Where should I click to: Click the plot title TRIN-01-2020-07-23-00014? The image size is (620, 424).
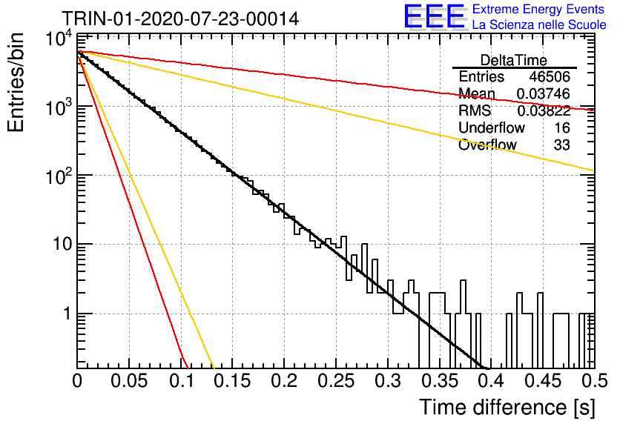click(180, 19)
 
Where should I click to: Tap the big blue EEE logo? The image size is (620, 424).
click(435, 16)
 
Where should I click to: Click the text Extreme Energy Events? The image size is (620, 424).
click(538, 9)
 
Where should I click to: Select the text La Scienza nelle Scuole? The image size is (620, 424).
click(539, 25)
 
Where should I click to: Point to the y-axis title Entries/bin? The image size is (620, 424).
click(16, 82)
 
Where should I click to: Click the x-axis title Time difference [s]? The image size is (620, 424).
click(507, 407)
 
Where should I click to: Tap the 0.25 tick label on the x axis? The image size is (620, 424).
click(336, 381)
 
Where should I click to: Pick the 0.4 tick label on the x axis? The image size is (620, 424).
click(490, 381)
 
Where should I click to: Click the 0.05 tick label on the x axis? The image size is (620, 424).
click(129, 381)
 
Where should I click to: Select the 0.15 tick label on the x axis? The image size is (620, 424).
click(233, 381)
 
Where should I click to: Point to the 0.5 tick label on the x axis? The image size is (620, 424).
click(593, 381)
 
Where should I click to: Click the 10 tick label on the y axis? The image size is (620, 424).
click(62, 244)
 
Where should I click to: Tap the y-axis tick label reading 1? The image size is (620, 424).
click(67, 314)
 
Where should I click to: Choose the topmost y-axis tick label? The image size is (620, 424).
click(59, 39)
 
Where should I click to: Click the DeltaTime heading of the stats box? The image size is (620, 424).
click(514, 60)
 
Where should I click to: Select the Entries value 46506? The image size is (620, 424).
click(550, 76)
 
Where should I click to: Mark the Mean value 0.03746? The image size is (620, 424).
click(544, 93)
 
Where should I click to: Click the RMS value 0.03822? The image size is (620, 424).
click(544, 110)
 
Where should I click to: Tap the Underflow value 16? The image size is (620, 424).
click(562, 127)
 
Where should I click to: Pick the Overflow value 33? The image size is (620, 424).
click(562, 145)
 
